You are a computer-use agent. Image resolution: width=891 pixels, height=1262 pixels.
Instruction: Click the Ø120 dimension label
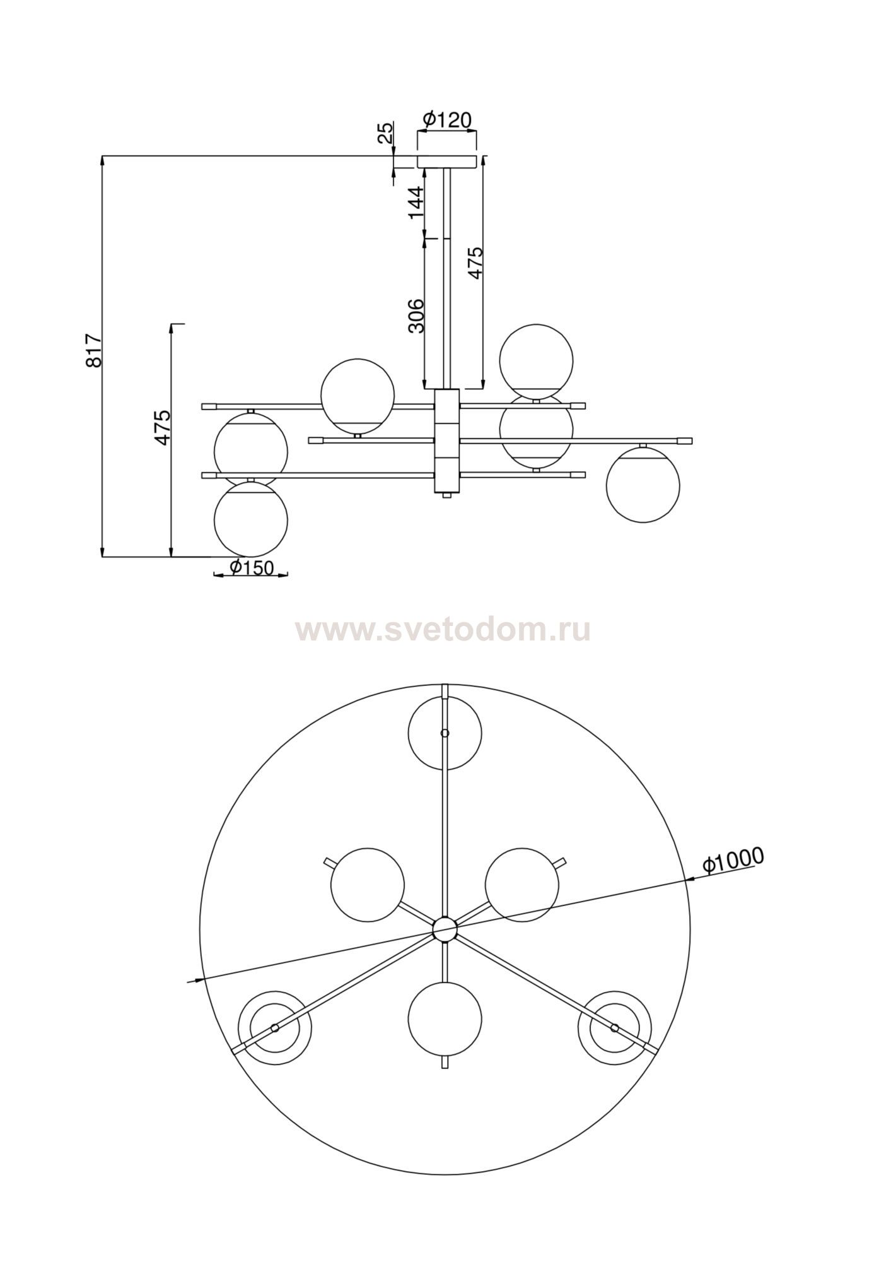tap(447, 119)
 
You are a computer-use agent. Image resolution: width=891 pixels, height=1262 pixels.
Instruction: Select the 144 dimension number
tap(416, 202)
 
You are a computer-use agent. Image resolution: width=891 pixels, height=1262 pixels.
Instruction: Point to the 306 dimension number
tap(416, 315)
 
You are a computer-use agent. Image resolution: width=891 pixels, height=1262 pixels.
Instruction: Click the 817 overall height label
tap(93, 351)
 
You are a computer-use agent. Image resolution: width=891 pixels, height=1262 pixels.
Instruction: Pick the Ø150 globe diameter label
tap(252, 568)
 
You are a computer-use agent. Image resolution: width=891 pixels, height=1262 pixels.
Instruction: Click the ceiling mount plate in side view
tap(447, 162)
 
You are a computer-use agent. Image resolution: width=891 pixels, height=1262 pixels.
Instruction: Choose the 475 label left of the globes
tap(162, 428)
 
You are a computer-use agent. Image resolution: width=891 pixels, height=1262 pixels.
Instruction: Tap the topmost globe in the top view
tap(445, 733)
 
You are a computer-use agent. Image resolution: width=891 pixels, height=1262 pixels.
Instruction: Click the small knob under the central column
tap(447, 497)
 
